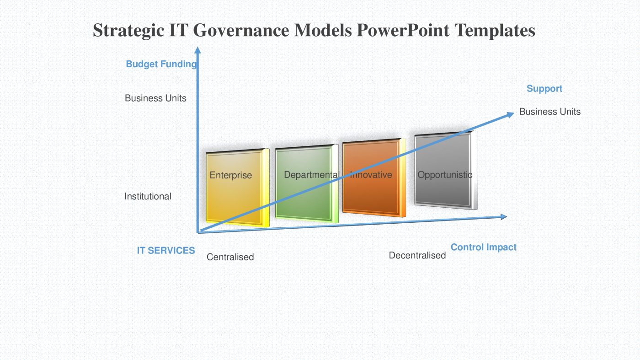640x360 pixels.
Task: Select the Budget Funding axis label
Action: pos(161,64)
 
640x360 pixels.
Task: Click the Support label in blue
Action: pos(544,89)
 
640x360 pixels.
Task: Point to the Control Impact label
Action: pos(483,247)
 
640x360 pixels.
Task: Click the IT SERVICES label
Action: pos(165,250)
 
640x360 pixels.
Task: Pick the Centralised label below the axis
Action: pos(230,257)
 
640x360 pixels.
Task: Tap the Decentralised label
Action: pos(417,255)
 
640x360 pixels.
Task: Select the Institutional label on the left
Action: pos(148,196)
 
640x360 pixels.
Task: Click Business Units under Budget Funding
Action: pos(155,98)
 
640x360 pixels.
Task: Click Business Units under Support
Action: pos(549,112)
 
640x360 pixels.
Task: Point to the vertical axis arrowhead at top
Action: pos(197,49)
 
